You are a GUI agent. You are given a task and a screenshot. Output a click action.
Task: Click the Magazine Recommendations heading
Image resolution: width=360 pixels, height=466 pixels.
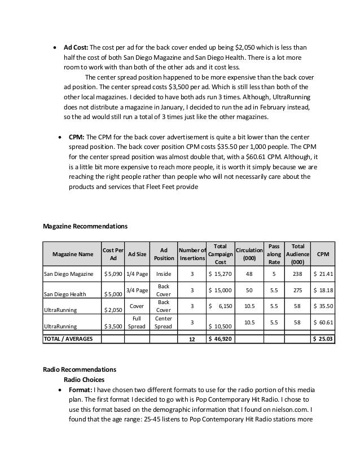85,226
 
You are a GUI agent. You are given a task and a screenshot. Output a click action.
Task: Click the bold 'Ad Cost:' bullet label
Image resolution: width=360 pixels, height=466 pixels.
76,47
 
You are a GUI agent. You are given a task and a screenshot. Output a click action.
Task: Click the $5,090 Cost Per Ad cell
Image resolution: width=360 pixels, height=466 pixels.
112,275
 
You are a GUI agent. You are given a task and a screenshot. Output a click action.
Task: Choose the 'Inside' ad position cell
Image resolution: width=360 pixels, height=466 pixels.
164,275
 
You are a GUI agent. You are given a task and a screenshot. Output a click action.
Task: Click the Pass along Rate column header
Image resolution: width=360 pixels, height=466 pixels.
273,253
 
